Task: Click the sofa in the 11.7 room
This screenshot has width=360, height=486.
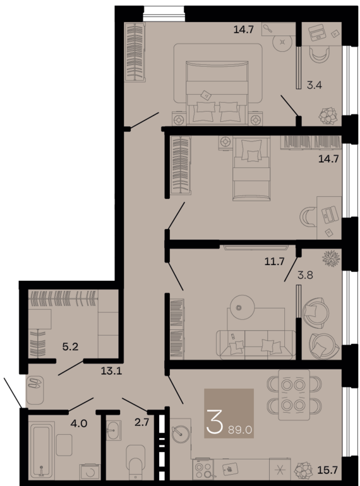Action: (x=256, y=343)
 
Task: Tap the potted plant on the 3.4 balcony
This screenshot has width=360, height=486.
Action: (x=328, y=116)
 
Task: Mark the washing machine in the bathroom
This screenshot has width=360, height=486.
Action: (x=90, y=471)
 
